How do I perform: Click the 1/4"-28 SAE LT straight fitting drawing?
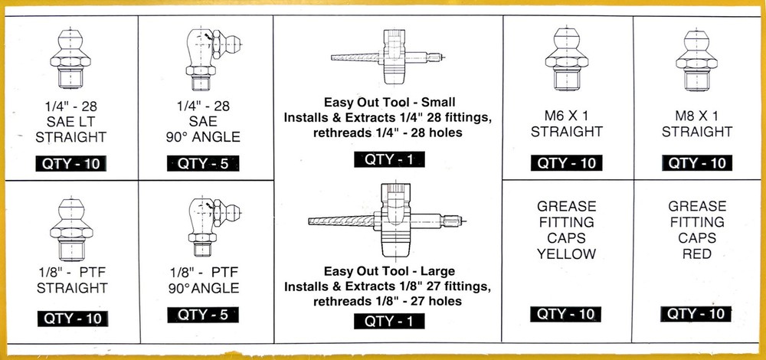click(x=70, y=59)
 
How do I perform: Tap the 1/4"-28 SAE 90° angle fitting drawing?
click(x=213, y=60)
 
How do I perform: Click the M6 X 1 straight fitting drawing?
click(x=566, y=59)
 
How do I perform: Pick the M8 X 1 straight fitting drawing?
click(x=696, y=60)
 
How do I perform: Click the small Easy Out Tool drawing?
click(x=388, y=57)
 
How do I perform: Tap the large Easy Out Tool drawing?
click(x=387, y=219)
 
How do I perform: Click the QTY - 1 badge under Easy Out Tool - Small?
click(x=389, y=160)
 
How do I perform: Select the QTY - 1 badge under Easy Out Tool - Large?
click(x=389, y=321)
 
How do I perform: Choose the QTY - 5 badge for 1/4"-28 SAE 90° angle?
click(x=203, y=163)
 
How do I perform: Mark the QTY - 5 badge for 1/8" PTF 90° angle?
click(x=203, y=315)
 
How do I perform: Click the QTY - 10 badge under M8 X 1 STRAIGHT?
click(x=697, y=162)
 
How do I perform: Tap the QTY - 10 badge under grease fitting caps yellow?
click(x=566, y=314)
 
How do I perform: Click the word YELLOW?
click(x=567, y=254)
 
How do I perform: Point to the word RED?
click(x=697, y=254)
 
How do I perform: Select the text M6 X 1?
click(x=567, y=116)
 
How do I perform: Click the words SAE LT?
click(x=70, y=122)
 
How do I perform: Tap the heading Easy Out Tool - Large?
click(x=389, y=271)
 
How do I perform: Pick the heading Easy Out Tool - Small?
click(x=389, y=103)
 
